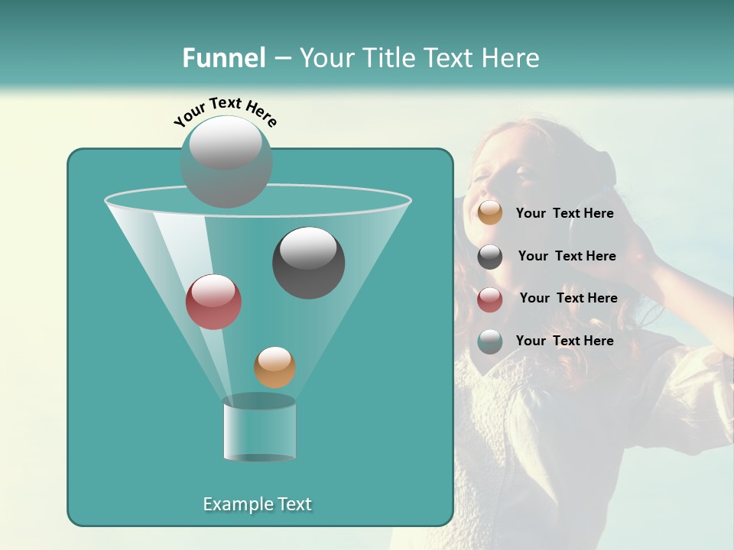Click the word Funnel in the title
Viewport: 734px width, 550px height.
(x=223, y=58)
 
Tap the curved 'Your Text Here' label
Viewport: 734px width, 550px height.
(x=226, y=110)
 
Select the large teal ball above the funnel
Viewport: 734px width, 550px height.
(x=226, y=161)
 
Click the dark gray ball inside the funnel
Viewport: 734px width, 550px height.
(x=308, y=263)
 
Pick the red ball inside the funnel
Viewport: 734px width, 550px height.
(x=213, y=302)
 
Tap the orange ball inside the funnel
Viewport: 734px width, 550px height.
(x=274, y=367)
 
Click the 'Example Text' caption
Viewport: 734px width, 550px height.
(x=257, y=504)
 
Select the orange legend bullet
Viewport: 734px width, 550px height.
(x=490, y=213)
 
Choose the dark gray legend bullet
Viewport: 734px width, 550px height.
(x=490, y=257)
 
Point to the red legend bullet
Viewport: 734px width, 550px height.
(x=490, y=299)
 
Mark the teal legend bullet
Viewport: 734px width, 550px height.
(x=490, y=341)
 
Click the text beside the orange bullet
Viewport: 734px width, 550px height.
(x=564, y=214)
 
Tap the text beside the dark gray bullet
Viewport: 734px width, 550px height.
(x=567, y=257)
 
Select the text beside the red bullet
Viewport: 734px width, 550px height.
(x=568, y=299)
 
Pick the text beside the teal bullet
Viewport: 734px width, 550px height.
(x=564, y=341)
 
